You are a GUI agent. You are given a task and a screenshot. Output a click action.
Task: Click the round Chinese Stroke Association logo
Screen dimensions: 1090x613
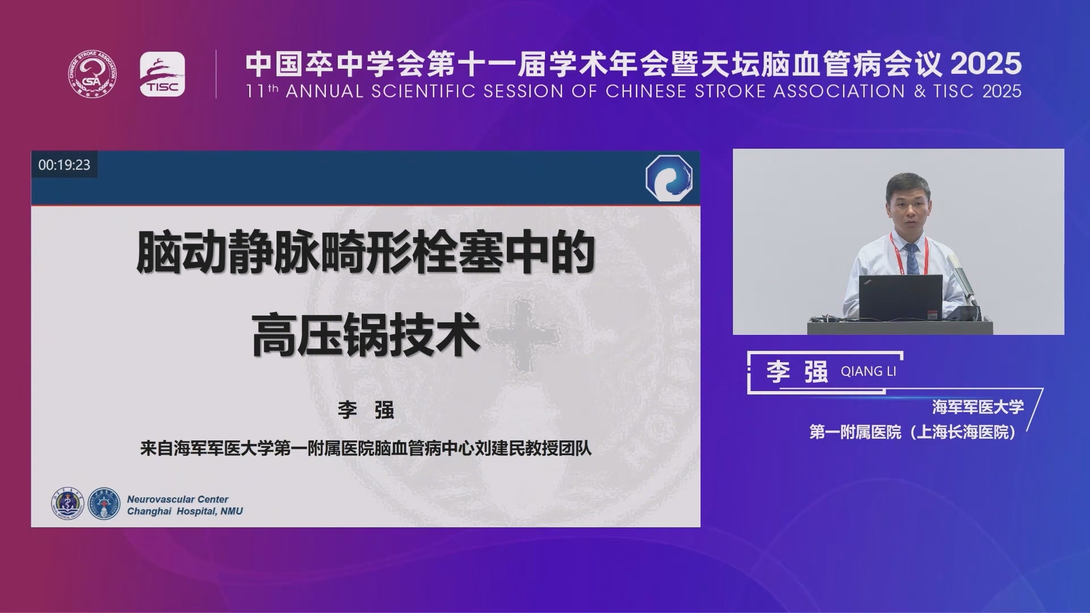pyautogui.click(x=93, y=74)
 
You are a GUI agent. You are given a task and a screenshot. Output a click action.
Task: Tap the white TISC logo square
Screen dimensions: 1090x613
pyautogui.click(x=162, y=74)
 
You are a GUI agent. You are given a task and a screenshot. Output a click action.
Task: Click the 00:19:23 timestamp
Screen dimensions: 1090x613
pyautogui.click(x=64, y=165)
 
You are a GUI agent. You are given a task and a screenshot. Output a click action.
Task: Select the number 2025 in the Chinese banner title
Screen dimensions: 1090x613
pyautogui.click(x=986, y=64)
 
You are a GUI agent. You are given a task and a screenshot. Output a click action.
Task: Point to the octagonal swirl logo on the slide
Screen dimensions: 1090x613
pyautogui.click(x=669, y=177)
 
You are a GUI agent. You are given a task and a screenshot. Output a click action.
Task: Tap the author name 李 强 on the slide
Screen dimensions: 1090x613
pyautogui.click(x=366, y=410)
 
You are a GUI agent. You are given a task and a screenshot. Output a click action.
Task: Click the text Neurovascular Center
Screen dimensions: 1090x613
pyautogui.click(x=178, y=499)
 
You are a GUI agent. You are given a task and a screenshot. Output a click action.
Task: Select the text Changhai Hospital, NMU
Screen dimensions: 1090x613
pyautogui.click(x=185, y=511)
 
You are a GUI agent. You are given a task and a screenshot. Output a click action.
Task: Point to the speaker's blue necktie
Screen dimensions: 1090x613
pyautogui.click(x=912, y=259)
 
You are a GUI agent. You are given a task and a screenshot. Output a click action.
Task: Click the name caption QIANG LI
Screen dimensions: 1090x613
pyautogui.click(x=869, y=371)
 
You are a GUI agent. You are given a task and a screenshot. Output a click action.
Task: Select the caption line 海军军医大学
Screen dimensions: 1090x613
pyautogui.click(x=978, y=407)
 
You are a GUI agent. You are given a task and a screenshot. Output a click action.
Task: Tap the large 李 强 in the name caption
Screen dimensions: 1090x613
pyautogui.click(x=797, y=372)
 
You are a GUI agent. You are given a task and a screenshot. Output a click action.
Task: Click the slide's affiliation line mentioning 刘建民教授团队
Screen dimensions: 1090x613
pyautogui.click(x=366, y=448)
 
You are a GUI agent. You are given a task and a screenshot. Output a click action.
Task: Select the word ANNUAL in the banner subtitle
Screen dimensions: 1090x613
pyautogui.click(x=324, y=91)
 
